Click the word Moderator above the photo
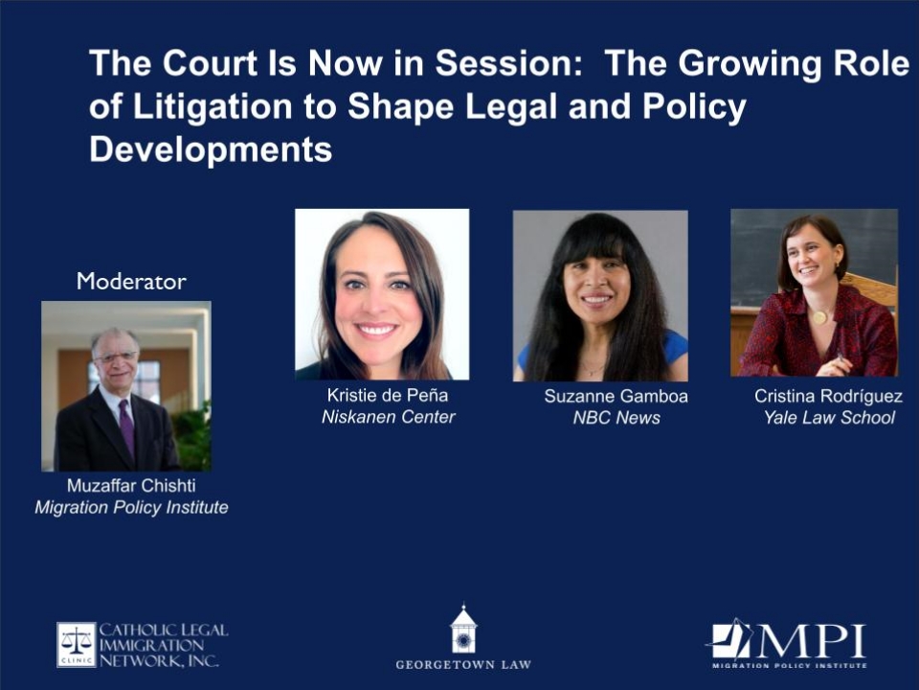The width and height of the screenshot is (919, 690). [131, 282]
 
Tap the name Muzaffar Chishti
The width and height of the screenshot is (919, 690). [131, 485]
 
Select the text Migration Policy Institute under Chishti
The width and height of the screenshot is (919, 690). [131, 507]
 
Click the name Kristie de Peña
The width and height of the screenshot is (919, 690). [388, 396]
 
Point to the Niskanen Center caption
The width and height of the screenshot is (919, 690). [388, 417]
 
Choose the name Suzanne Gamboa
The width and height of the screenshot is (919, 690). [616, 396]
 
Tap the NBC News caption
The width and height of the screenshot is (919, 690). [616, 418]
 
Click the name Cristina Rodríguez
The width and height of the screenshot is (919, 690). [828, 396]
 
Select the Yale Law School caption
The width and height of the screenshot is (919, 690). [829, 417]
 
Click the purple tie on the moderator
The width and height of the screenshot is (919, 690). [127, 425]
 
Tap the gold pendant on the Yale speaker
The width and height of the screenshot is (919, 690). [819, 317]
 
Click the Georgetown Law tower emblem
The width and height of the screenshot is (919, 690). [463, 629]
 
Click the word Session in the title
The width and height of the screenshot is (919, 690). [508, 63]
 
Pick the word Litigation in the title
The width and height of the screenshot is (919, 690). [213, 107]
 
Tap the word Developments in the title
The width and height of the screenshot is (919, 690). [211, 150]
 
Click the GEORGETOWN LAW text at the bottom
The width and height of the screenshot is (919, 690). [463, 665]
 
